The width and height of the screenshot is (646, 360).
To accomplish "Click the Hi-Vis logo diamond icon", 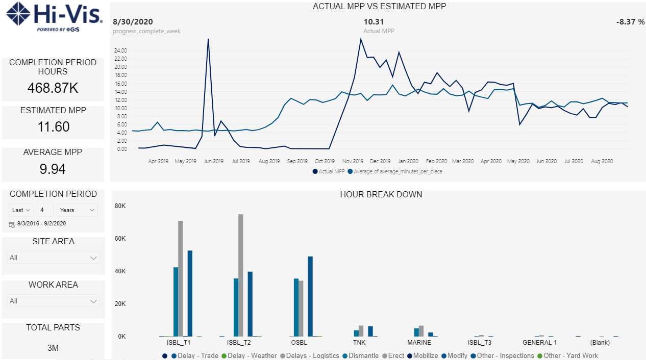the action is [x=18, y=14].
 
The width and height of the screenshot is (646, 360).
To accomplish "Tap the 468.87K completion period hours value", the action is [x=53, y=88].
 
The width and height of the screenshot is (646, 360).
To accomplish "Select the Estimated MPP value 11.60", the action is [x=54, y=126].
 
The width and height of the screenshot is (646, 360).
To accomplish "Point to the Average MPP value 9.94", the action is [x=53, y=169].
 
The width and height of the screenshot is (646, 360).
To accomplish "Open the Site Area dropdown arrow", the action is [x=93, y=258].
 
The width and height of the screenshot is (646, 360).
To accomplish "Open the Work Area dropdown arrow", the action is [x=93, y=301].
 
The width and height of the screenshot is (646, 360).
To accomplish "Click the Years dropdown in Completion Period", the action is [x=77, y=210].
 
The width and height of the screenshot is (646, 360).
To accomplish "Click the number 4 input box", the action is [x=45, y=210].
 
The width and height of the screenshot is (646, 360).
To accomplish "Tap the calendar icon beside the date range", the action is [x=12, y=224].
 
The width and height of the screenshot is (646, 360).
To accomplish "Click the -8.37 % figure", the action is [x=630, y=22].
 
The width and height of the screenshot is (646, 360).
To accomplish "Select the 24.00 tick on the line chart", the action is [x=120, y=50].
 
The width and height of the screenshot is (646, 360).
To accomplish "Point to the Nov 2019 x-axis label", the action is [x=353, y=161].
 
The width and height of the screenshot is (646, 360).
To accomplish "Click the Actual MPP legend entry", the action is [x=329, y=171].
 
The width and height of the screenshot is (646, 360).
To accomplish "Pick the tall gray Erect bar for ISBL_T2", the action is [x=240, y=275].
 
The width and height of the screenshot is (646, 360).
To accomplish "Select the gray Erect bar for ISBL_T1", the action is [x=181, y=278].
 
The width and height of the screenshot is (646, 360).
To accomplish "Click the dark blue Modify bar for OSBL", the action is [x=310, y=296].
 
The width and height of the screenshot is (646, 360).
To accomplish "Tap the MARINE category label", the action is [x=419, y=343].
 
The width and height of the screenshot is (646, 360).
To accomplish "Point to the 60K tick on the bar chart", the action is [x=120, y=238].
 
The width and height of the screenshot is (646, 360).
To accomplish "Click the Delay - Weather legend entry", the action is [x=249, y=356].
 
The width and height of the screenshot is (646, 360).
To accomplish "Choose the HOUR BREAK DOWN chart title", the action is [x=381, y=195].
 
